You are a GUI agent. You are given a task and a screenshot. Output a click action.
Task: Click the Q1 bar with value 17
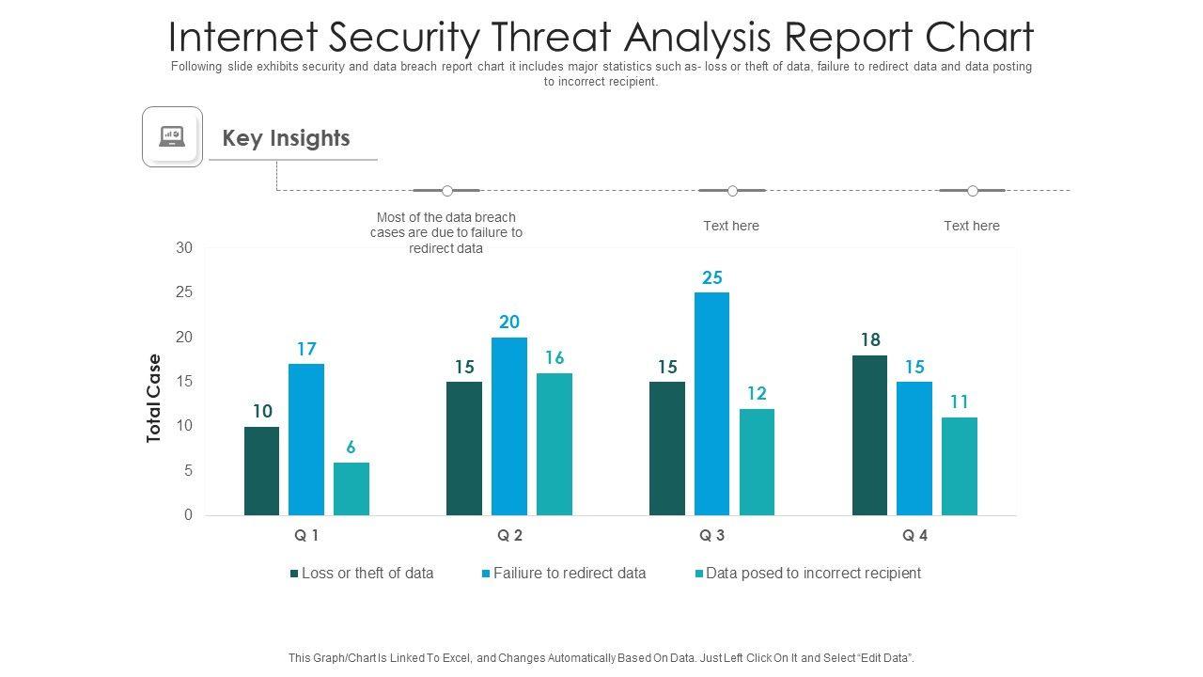pos(306,439)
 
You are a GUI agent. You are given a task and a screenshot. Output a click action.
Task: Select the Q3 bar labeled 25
pos(711,403)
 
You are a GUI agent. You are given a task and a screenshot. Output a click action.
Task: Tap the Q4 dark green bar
pos(869,434)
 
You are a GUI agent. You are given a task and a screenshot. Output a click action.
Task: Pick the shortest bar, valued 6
pos(352,489)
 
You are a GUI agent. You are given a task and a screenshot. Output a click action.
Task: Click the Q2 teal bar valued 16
pos(555,444)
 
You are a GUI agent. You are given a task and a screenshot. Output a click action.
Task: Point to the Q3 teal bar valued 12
pos(757,462)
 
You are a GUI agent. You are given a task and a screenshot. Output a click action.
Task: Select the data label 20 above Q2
pos(509,322)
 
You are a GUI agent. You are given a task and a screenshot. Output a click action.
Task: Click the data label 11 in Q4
pos(960,401)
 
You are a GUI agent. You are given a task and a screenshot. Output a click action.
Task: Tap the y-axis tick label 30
pos(184,248)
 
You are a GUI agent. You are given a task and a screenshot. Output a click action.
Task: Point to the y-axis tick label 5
pos(188,470)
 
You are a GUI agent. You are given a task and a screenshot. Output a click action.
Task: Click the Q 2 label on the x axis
pos(509,536)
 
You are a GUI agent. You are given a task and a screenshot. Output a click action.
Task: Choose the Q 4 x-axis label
pos(914,536)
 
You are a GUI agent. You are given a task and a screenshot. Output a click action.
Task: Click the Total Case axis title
pos(154,398)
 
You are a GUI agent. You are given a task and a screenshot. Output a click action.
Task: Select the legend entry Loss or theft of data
pos(367,573)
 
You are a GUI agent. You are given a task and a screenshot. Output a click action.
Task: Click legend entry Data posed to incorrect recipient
pos(813,573)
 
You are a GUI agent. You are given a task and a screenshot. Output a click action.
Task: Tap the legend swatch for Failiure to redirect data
pos(486,573)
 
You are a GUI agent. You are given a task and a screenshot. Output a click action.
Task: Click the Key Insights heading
pos(286,138)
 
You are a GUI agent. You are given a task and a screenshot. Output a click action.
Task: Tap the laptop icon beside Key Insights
pos(172,137)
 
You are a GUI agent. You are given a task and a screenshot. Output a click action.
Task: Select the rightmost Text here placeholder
pos(972,226)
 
